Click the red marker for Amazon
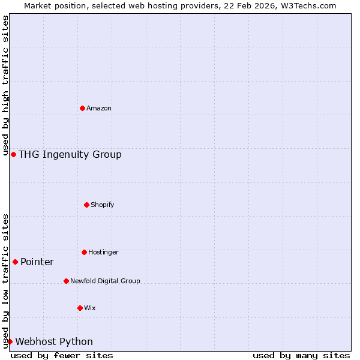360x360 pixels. (x=82, y=108)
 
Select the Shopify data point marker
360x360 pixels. (x=86, y=205)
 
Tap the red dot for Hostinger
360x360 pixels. (x=84, y=252)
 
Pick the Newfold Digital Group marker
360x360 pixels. (x=66, y=281)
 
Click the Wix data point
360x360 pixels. (x=80, y=308)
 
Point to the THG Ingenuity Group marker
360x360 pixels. (x=13, y=154)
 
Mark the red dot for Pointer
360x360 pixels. (x=15, y=262)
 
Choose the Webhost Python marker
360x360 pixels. (x=10, y=341)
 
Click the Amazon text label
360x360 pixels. (x=99, y=108)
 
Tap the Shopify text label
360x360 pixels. (x=103, y=205)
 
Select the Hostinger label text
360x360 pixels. (x=103, y=252)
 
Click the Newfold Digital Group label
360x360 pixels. (x=105, y=281)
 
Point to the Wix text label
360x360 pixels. (x=90, y=308)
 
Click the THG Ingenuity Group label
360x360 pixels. (x=70, y=154)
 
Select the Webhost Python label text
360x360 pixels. (x=54, y=341)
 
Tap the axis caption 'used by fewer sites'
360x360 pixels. (x=62, y=355)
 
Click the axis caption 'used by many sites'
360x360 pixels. (x=301, y=355)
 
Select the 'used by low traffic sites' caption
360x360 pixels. (x=5, y=281)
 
